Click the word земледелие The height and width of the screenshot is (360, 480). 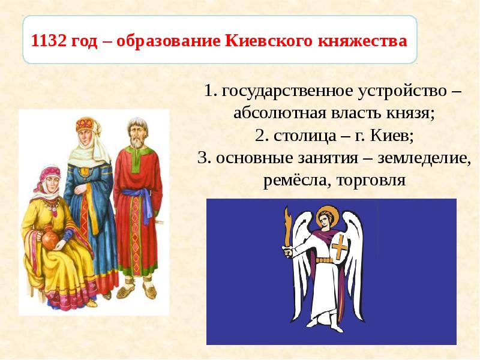click(x=430, y=158)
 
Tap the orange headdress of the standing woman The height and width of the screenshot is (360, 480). click(x=85, y=125)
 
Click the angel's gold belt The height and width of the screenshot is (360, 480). click(x=326, y=260)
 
